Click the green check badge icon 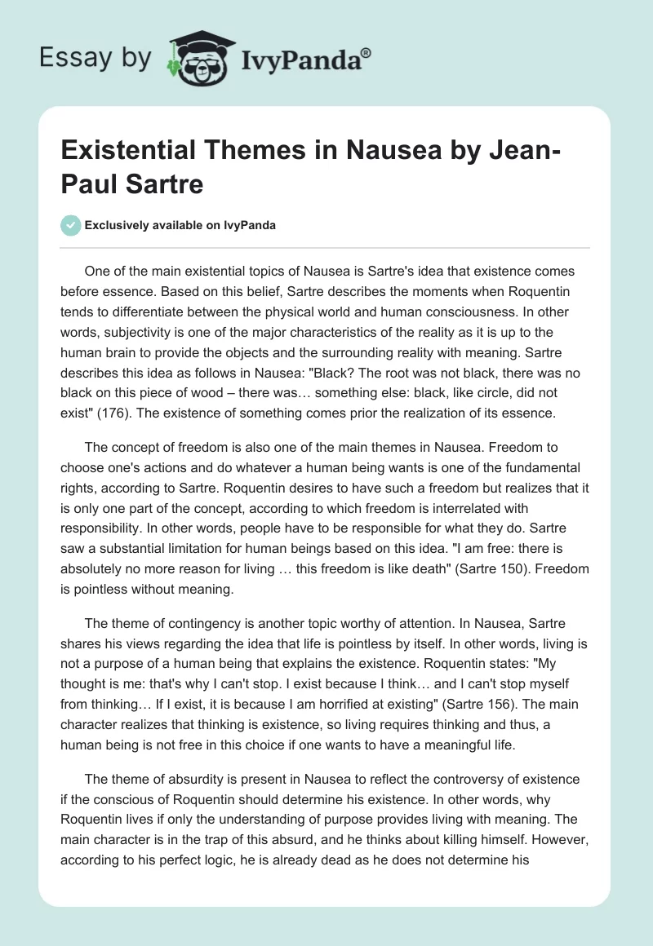(71, 225)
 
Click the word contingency (191, 605)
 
